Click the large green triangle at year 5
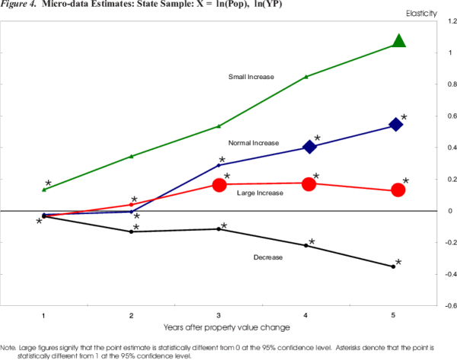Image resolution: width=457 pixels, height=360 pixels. (x=398, y=40)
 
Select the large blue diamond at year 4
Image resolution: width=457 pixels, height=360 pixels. (x=309, y=147)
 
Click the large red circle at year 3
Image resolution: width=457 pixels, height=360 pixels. (x=219, y=184)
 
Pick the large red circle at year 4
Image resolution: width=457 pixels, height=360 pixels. (x=309, y=183)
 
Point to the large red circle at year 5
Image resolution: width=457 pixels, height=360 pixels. (x=398, y=190)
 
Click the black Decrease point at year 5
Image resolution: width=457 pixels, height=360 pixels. (x=393, y=266)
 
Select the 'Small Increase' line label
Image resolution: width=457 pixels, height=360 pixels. (x=251, y=77)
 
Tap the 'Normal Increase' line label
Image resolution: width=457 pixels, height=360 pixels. (x=254, y=143)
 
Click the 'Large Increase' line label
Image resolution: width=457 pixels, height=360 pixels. (x=260, y=193)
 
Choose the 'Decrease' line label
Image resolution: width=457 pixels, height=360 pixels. (x=267, y=257)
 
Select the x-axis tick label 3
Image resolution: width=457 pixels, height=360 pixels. (x=219, y=314)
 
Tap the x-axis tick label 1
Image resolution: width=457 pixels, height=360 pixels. (x=43, y=314)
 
